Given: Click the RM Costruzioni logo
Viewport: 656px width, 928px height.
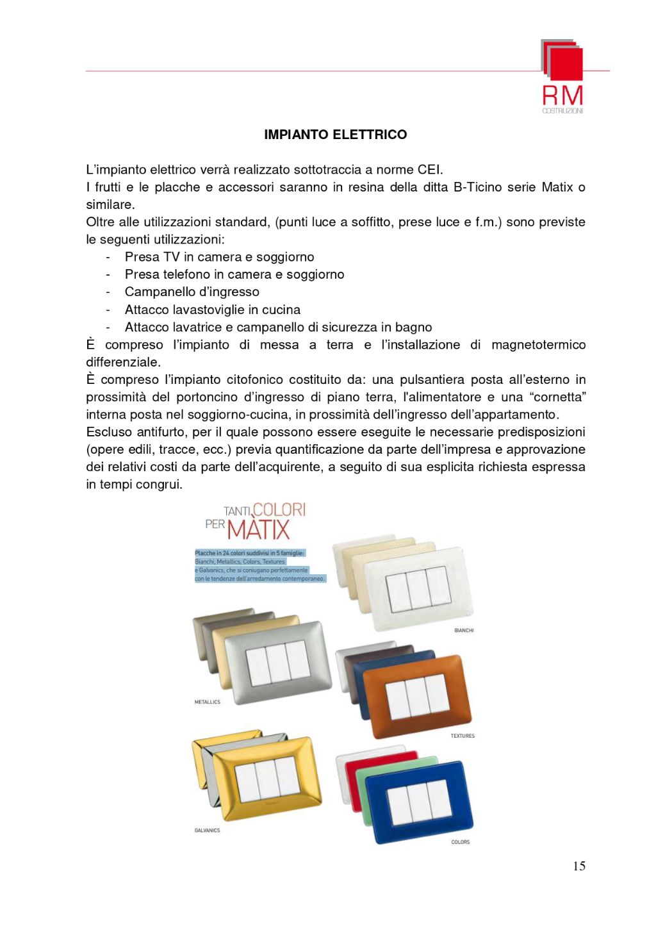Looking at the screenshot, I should pyautogui.click(x=562, y=76).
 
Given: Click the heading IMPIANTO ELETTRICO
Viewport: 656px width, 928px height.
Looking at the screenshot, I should pyautogui.click(x=335, y=135).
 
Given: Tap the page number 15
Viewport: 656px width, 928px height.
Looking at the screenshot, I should pyautogui.click(x=578, y=866).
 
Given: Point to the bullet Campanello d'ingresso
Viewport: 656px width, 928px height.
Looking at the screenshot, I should pyautogui.click(x=192, y=292).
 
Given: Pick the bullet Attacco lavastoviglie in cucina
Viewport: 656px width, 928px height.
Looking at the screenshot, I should pyautogui.click(x=212, y=310).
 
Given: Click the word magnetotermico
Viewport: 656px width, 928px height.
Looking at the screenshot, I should pyautogui.click(x=538, y=345).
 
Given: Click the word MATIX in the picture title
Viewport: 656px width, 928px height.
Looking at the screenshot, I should pyautogui.click(x=258, y=531).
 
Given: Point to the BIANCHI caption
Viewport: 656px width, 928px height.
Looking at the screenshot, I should pyautogui.click(x=464, y=631).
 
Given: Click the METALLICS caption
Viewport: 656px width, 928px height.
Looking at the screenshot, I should pyautogui.click(x=207, y=702).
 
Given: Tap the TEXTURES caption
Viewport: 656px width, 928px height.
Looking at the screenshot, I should pyautogui.click(x=463, y=736).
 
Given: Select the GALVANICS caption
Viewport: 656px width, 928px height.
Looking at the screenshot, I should pyautogui.click(x=207, y=831).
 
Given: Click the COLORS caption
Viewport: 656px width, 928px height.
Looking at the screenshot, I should pyautogui.click(x=460, y=842).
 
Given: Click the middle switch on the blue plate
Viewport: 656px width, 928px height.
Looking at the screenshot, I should pyautogui.click(x=418, y=800).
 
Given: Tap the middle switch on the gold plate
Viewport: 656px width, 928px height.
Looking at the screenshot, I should pyautogui.click(x=266, y=779).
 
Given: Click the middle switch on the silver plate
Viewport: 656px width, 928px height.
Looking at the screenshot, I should pyautogui.click(x=278, y=663).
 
